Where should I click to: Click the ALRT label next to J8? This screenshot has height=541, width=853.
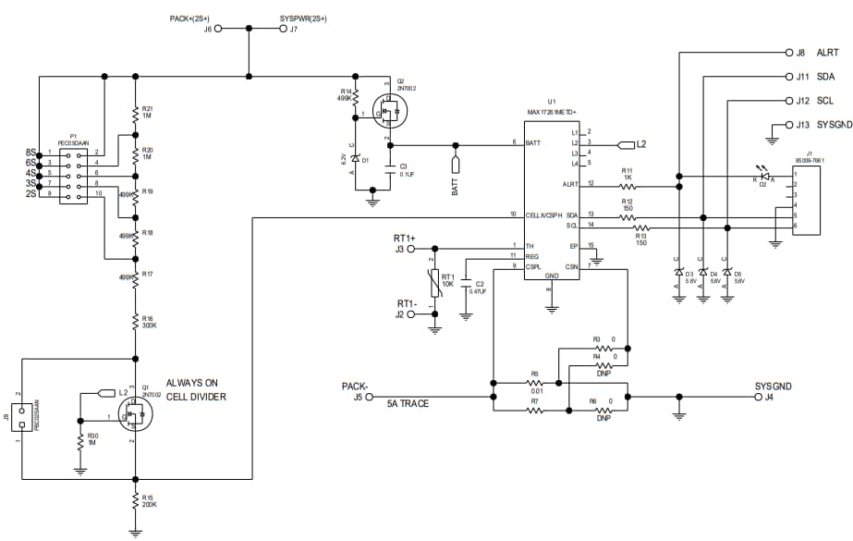[828, 53]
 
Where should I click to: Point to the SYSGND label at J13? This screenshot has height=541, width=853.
[834, 124]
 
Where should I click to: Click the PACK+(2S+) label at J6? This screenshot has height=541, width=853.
[189, 18]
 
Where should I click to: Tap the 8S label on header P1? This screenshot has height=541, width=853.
[30, 152]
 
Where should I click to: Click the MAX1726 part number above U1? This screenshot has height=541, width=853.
[552, 113]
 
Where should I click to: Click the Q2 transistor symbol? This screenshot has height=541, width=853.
[389, 113]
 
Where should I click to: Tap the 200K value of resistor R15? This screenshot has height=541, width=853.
[148, 505]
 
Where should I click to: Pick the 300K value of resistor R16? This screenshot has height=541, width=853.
[148, 325]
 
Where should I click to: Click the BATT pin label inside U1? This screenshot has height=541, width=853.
[532, 143]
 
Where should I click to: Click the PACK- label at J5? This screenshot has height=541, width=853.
[353, 386]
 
